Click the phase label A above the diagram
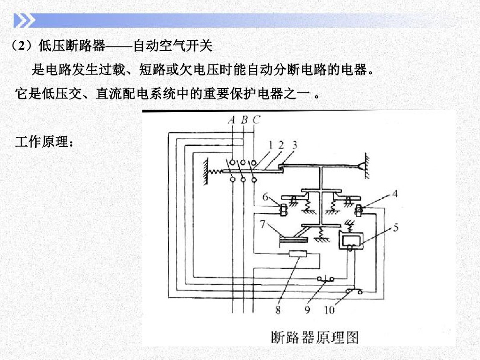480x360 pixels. (231, 120)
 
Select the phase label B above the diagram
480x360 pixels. (244, 120)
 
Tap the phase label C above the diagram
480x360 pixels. (255, 120)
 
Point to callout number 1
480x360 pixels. (270, 145)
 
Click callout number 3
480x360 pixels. (294, 145)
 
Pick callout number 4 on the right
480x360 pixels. (395, 193)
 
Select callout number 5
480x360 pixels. (396, 228)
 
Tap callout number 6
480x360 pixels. (266, 197)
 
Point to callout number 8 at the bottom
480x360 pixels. (278, 309)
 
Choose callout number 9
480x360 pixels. (307, 309)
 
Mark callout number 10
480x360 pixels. (330, 309)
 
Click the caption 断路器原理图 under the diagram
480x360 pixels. (314, 337)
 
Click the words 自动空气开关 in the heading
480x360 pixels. (173, 46)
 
